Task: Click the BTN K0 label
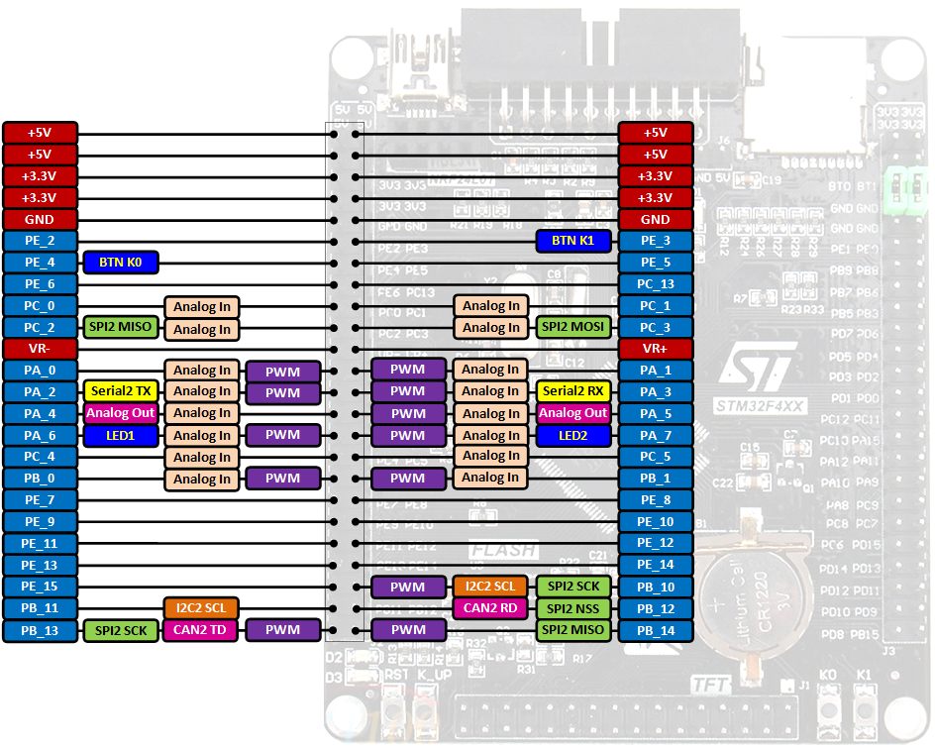(x=121, y=263)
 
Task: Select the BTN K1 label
(x=573, y=241)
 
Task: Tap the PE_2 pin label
(x=40, y=241)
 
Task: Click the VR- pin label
(x=40, y=349)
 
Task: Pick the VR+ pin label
(x=656, y=349)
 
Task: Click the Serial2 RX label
(x=573, y=391)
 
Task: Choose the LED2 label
(x=573, y=435)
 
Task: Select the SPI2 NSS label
(x=573, y=608)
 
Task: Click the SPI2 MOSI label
(x=573, y=327)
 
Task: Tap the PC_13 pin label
(x=656, y=284)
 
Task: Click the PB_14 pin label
(x=656, y=630)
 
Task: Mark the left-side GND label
(x=40, y=219)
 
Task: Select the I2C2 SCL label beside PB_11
(x=201, y=608)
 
